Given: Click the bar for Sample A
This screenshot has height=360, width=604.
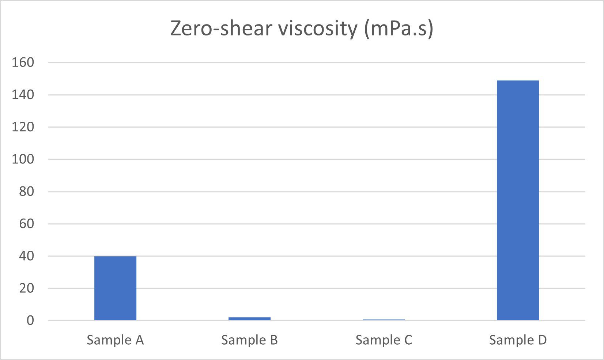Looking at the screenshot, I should (115, 288).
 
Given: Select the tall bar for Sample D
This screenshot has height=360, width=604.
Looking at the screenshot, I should (518, 200).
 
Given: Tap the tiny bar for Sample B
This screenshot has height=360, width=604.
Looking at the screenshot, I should (249, 319).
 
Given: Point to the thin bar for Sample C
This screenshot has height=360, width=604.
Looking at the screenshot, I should (384, 320).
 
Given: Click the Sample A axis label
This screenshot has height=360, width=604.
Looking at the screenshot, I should (115, 340).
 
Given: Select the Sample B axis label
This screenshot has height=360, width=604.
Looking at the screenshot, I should (249, 340).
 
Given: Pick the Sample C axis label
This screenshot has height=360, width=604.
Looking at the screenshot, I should (384, 340).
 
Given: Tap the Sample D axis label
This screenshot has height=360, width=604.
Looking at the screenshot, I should (518, 340).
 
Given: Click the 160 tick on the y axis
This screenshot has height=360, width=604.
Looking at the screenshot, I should (23, 62).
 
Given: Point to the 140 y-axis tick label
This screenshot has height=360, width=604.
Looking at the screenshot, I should (23, 95).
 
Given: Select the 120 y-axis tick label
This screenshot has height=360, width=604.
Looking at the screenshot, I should (23, 127).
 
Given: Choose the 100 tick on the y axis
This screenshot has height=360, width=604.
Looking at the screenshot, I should (23, 159).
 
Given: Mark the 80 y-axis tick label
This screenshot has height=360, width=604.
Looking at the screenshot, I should (26, 191).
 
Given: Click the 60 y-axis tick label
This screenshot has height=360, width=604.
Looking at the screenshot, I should (26, 224).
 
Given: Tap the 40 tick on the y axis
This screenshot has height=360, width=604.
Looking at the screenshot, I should (26, 256).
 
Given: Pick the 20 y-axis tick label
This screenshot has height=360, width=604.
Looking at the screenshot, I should (26, 288).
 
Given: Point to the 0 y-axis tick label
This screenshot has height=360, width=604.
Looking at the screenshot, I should (30, 321).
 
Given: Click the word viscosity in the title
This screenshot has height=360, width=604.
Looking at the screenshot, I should (317, 29).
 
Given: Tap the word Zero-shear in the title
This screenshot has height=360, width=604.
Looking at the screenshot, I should (222, 29).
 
